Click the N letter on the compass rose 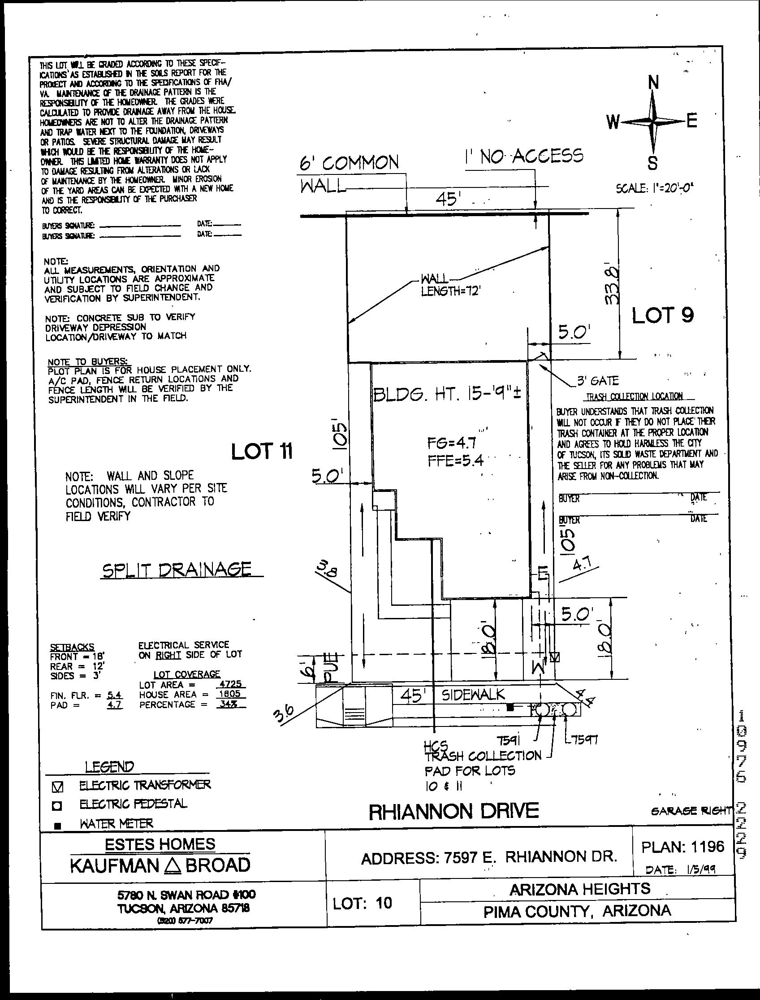click(x=653, y=83)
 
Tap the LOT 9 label click(x=662, y=315)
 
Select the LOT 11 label click(x=262, y=451)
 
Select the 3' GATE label click(x=598, y=381)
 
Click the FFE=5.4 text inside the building click(x=455, y=461)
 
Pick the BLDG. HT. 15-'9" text click(x=447, y=395)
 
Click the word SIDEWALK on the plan click(x=473, y=695)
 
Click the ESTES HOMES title click(x=160, y=844)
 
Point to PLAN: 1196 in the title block click(x=682, y=846)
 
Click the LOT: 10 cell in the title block click(x=363, y=903)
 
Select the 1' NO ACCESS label click(x=523, y=156)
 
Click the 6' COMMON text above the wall click(x=349, y=162)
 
